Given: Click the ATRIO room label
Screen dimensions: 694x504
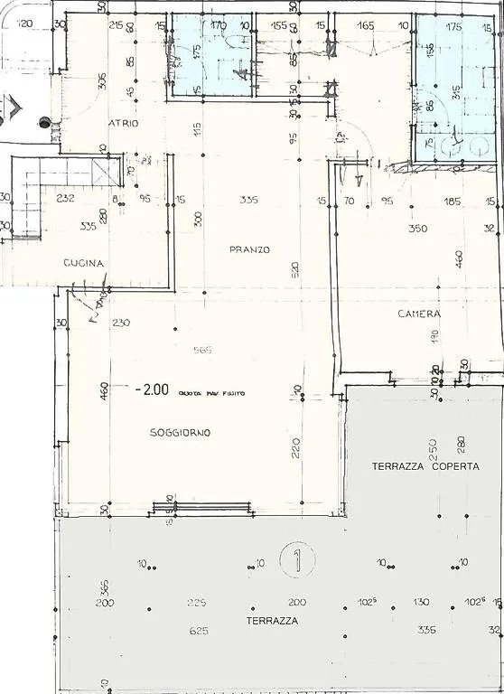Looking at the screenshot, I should click(x=124, y=124).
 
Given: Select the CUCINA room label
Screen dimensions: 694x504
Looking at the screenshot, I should click(x=84, y=263).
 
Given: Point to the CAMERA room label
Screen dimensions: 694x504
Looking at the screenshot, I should click(x=419, y=314).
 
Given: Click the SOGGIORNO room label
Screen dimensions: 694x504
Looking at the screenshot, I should click(x=180, y=433).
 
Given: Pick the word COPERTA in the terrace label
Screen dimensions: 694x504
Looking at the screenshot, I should click(x=454, y=466).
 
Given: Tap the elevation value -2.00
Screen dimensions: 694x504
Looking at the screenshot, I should click(x=152, y=390).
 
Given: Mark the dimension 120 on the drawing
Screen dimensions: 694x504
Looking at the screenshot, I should click(x=25, y=25).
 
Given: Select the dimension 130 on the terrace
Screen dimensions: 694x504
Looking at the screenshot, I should click(x=421, y=602).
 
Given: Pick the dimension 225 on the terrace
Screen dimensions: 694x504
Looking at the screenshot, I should click(x=196, y=602).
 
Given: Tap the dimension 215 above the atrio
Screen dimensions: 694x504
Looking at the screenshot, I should click(x=116, y=26).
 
